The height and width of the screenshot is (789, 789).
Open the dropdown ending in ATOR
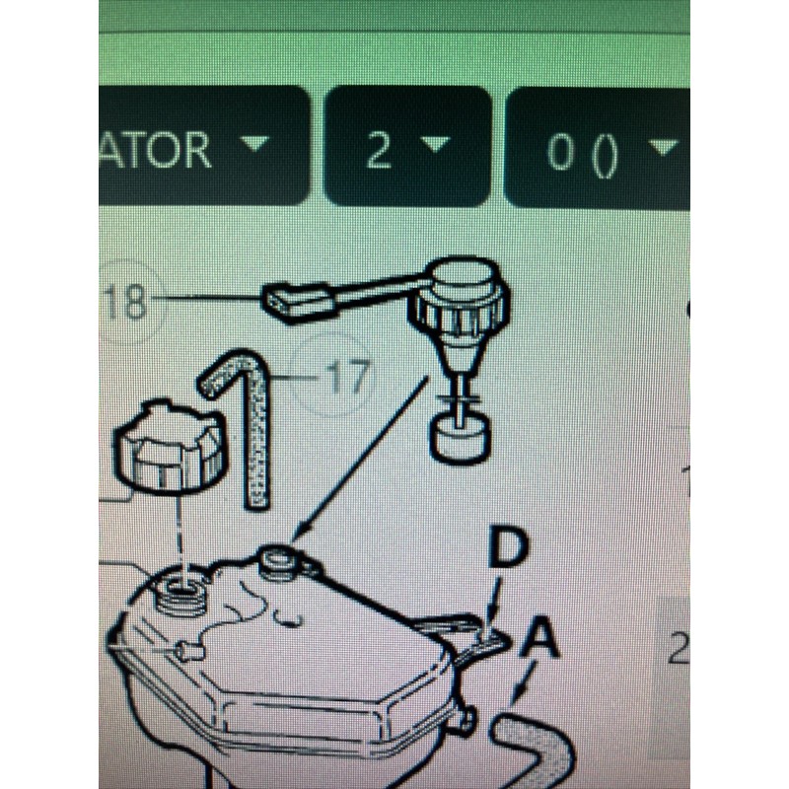pos(197,147)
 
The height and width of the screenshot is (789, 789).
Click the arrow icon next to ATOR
pos(254,144)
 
